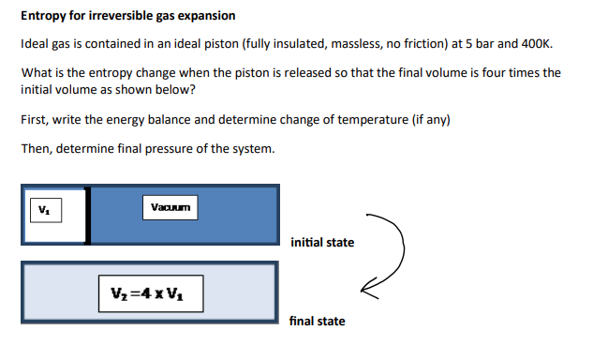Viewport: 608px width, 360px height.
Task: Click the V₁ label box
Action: [43, 208]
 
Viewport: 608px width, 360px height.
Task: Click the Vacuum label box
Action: [171, 206]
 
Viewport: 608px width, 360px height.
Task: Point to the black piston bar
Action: [87, 215]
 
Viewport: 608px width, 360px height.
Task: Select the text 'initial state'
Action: [322, 243]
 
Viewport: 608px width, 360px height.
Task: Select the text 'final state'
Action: [317, 322]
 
